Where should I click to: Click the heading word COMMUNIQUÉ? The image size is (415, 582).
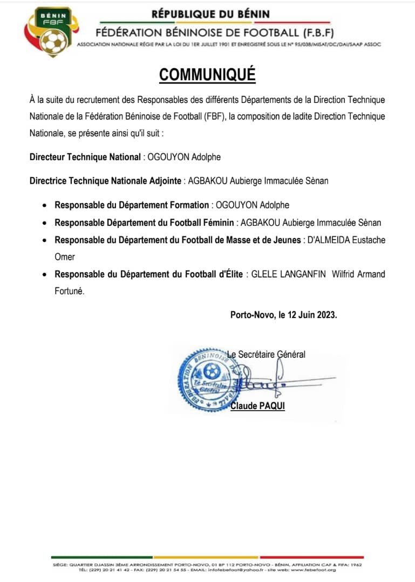(x=207, y=75)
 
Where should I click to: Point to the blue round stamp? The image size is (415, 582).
(x=211, y=377)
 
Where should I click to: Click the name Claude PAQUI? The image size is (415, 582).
(x=257, y=405)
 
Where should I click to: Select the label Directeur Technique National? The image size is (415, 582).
(x=85, y=157)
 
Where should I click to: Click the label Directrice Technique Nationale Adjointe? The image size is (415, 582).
(x=105, y=181)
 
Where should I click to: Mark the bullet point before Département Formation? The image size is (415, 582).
(x=44, y=205)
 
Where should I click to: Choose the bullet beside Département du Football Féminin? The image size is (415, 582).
(x=44, y=223)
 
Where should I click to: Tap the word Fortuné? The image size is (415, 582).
(x=70, y=292)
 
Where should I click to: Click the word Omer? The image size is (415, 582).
(x=65, y=257)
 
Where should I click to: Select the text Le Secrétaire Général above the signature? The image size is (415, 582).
(x=266, y=354)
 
